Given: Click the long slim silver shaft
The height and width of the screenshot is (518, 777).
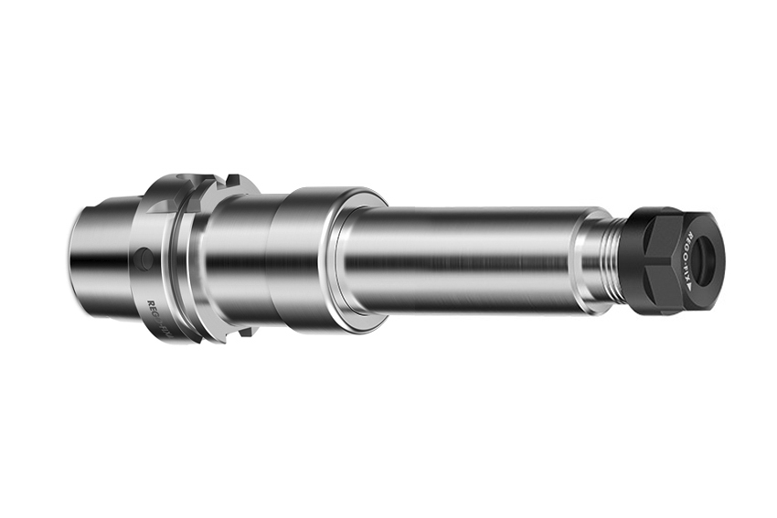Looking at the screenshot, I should click(x=466, y=260).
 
